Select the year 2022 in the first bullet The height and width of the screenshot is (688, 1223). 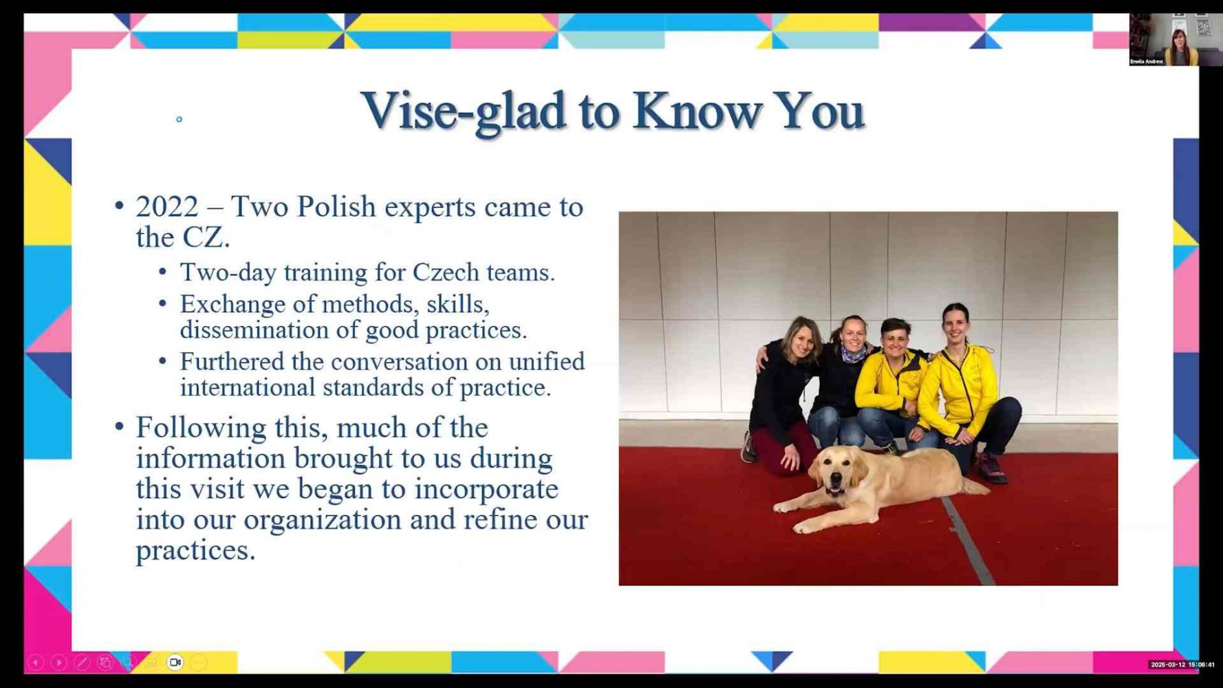(x=167, y=206)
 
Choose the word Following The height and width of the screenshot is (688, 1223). (x=201, y=429)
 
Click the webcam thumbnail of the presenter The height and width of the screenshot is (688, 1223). (x=1164, y=39)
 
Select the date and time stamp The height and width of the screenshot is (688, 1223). (x=1182, y=665)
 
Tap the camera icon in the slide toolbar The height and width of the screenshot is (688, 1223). (x=175, y=663)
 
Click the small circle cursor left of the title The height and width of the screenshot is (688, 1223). (x=180, y=120)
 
